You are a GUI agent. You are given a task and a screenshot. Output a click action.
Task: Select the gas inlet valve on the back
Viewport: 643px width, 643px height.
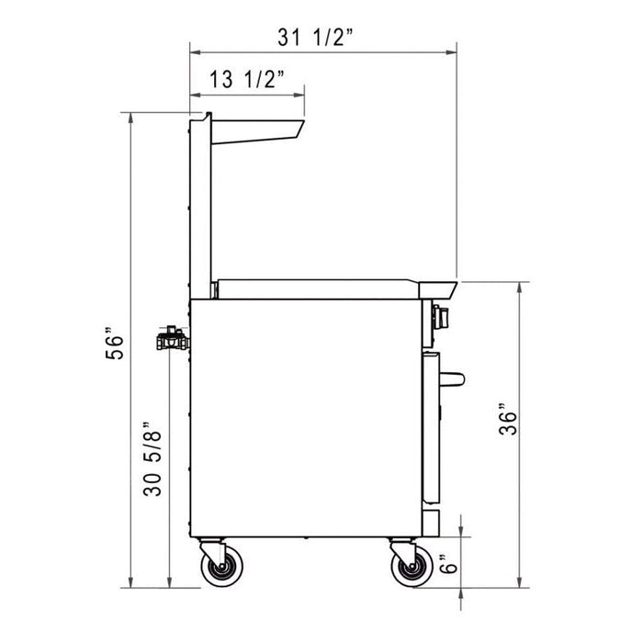[171, 340]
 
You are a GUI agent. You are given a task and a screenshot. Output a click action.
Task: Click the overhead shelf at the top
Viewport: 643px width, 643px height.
[257, 130]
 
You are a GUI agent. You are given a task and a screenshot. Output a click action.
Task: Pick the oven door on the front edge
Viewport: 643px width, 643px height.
[432, 427]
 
